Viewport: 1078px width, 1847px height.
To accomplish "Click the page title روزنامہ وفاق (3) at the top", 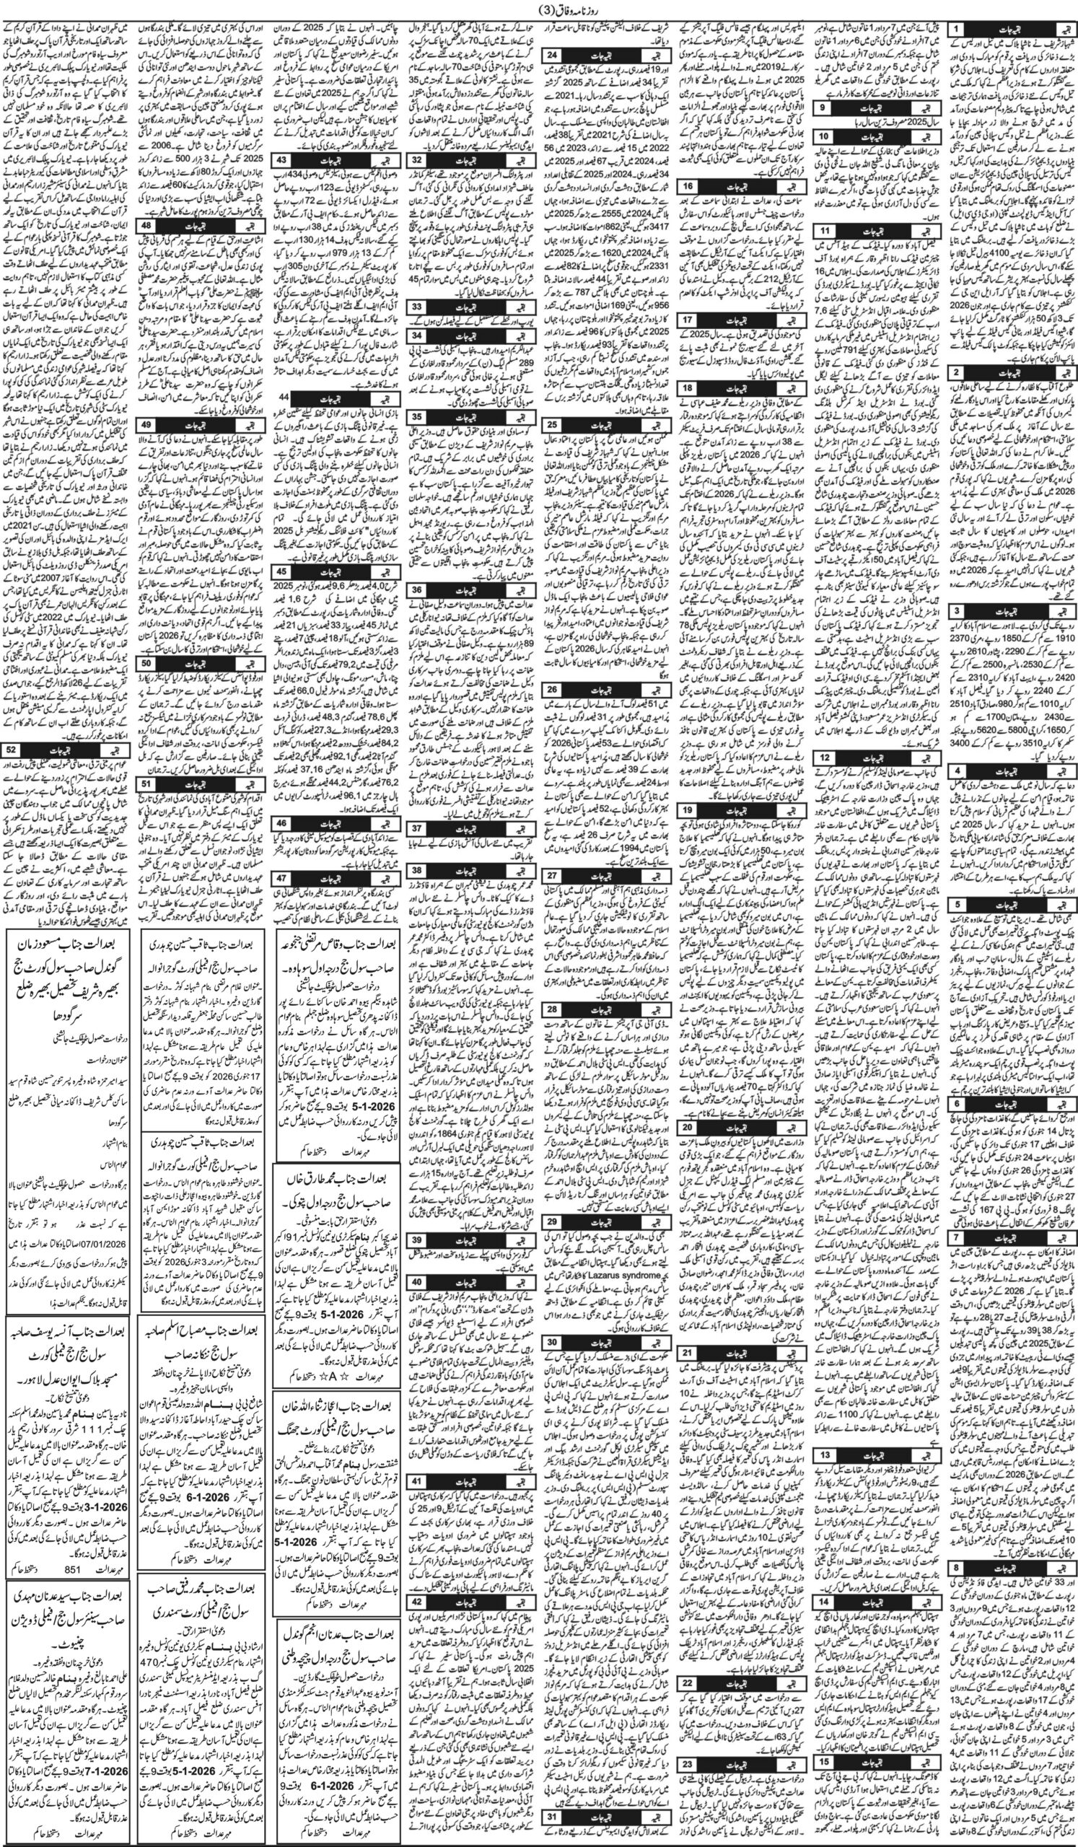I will coord(540,9).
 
